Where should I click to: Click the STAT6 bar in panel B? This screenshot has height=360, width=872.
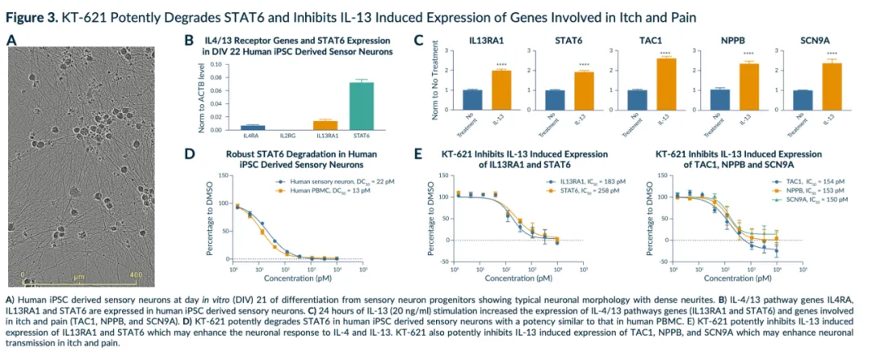click(362, 106)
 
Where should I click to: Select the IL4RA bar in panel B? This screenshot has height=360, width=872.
click(253, 127)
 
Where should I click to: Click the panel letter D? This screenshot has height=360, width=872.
click(190, 153)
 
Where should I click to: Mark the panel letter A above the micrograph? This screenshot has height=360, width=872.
click(11, 40)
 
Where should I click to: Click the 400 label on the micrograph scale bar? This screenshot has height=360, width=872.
click(135, 275)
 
